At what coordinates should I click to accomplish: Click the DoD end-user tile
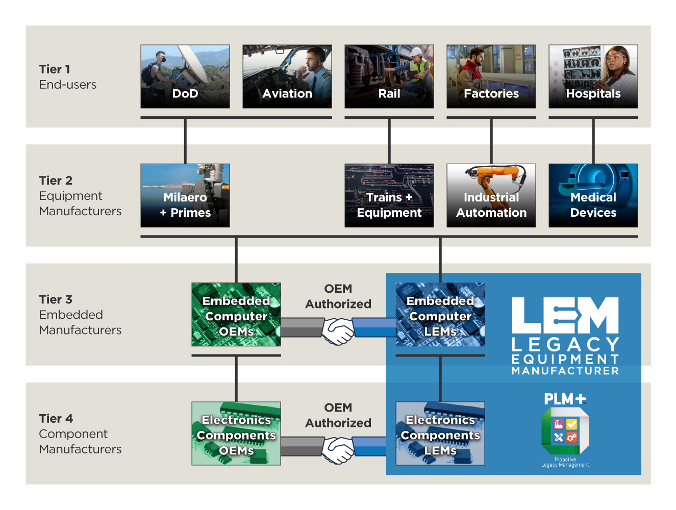click(x=185, y=76)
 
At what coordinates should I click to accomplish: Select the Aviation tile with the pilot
click(x=287, y=76)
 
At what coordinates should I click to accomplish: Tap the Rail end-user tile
click(x=389, y=76)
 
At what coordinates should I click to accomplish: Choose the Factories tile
click(x=491, y=76)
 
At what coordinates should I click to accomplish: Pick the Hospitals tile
click(x=593, y=76)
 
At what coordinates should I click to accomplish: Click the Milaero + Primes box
click(x=185, y=195)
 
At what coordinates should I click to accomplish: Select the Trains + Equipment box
click(x=389, y=195)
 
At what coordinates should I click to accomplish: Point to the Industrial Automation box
click(x=491, y=195)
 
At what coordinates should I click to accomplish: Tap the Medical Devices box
click(x=593, y=195)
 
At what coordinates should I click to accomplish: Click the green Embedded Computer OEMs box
click(x=236, y=315)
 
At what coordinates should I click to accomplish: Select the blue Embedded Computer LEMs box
click(x=440, y=315)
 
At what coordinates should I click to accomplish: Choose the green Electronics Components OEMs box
click(x=236, y=433)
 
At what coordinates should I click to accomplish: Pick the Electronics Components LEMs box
click(x=440, y=433)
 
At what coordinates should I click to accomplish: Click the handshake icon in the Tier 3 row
click(x=338, y=331)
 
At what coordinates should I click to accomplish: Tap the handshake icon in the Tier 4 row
click(x=338, y=450)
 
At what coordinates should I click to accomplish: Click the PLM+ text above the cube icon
click(x=565, y=399)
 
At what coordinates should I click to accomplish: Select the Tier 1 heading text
click(x=55, y=69)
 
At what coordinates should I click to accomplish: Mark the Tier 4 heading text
click(x=56, y=419)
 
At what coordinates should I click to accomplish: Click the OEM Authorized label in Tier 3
click(x=338, y=296)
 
